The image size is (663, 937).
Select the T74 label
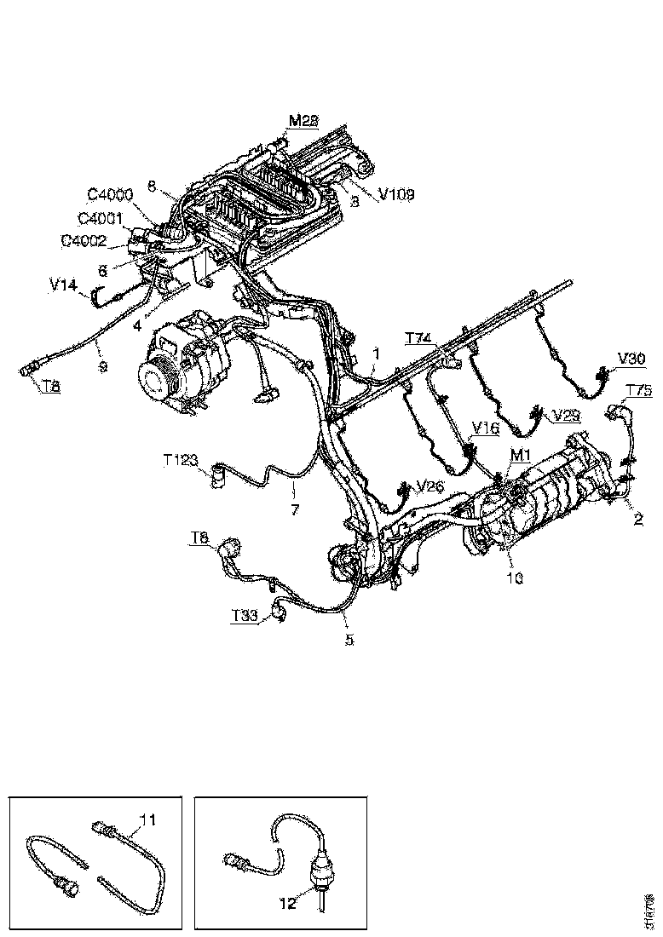tap(418, 338)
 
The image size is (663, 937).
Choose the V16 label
tap(486, 428)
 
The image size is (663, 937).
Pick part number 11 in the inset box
tap(147, 820)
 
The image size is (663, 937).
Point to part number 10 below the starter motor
tap(516, 578)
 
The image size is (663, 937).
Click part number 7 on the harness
tap(295, 509)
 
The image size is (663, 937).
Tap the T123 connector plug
tap(219, 471)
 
